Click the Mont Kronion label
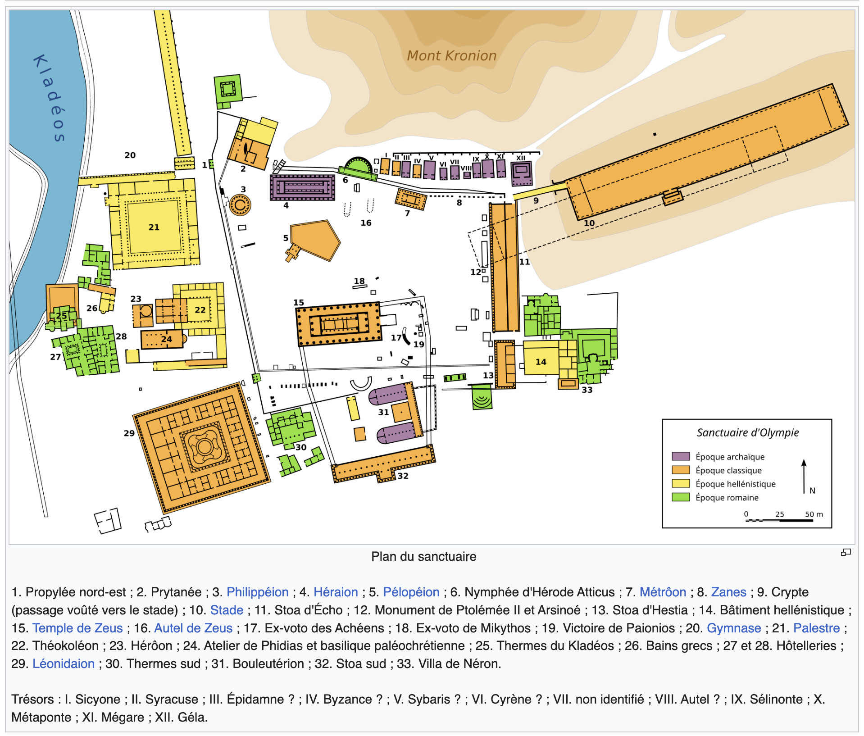pyautogui.click(x=451, y=55)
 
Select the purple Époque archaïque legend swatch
pyautogui.click(x=680, y=456)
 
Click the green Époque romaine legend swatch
pyautogui.click(x=680, y=497)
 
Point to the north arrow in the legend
pyautogui.click(x=804, y=476)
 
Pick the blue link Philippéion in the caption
pyautogui.click(x=257, y=592)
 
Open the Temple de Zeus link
pyautogui.click(x=77, y=628)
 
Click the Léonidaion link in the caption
pyautogui.click(x=64, y=663)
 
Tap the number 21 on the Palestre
pyautogui.click(x=154, y=227)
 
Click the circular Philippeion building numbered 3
pyautogui.click(x=240, y=205)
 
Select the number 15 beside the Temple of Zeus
pyautogui.click(x=299, y=302)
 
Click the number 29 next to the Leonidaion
pyautogui.click(x=129, y=433)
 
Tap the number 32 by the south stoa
pyautogui.click(x=403, y=476)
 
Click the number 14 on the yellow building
pyautogui.click(x=541, y=362)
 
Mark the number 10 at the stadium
pyautogui.click(x=589, y=223)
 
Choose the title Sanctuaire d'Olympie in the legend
pyautogui.click(x=748, y=432)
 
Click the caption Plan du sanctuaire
pyautogui.click(x=423, y=557)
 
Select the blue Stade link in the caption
pyautogui.click(x=227, y=610)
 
